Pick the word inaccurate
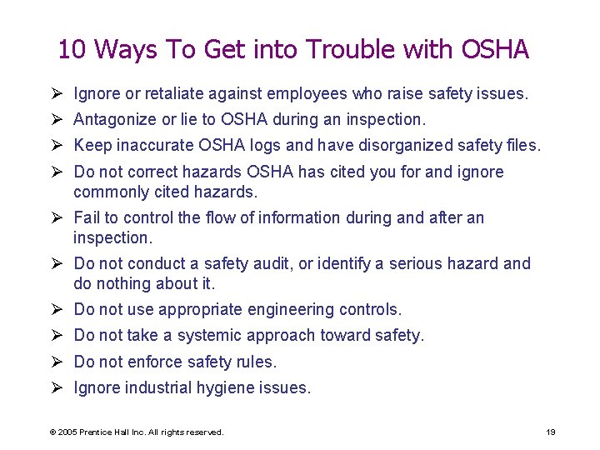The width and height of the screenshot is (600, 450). coord(154,146)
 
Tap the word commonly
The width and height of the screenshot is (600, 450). coord(109,192)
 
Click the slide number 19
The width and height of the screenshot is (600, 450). coord(551,432)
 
